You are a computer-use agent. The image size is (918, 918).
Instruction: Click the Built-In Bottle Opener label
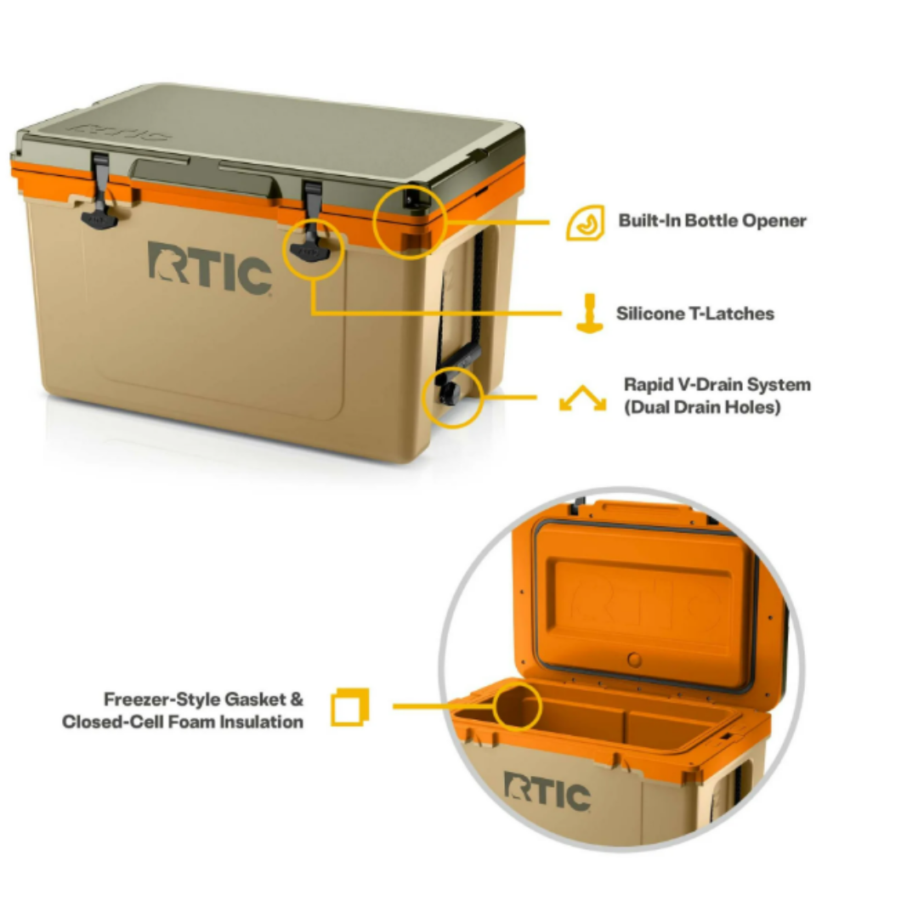(x=711, y=221)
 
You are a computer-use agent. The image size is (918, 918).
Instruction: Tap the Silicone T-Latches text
(x=694, y=314)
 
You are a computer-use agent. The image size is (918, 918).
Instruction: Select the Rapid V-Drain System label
(x=717, y=385)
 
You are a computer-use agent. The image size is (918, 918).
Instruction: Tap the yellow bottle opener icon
(x=585, y=223)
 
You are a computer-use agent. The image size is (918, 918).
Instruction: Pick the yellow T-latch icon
(x=588, y=313)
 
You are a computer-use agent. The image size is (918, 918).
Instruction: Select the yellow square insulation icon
(x=349, y=706)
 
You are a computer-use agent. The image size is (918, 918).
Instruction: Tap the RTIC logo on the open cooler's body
(x=547, y=792)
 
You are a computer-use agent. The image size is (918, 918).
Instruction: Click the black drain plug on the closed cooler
(x=447, y=393)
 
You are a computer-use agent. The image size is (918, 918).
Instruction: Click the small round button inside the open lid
(x=632, y=660)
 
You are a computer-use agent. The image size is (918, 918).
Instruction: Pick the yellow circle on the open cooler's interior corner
(x=517, y=705)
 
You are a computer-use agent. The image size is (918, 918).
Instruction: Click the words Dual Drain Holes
(x=702, y=407)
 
